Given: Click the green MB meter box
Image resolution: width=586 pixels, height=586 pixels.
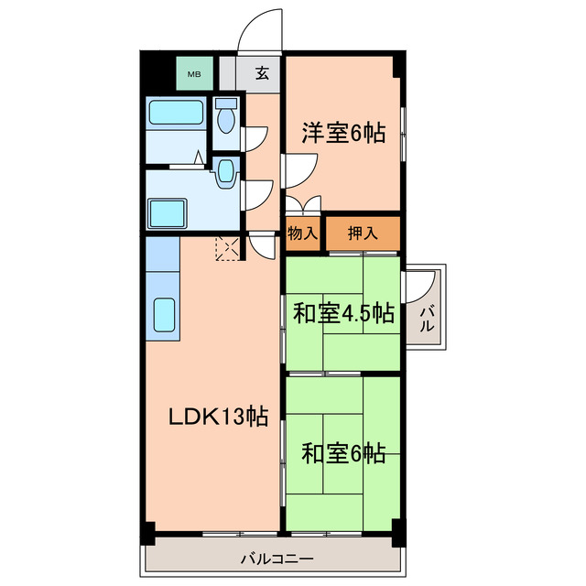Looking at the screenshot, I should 194,72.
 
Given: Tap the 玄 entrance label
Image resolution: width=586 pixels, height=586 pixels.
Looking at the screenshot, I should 262,73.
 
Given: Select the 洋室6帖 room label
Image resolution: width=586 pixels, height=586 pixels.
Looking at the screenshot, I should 343,134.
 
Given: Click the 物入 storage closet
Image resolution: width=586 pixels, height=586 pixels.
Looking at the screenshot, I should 302,233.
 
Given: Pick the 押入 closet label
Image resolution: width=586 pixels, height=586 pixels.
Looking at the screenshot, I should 363,233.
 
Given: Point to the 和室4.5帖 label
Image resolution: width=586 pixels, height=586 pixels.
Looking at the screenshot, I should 343,314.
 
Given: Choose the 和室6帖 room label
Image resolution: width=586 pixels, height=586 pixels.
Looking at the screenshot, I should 343,452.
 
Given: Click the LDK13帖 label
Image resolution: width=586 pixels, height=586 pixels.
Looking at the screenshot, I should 217,417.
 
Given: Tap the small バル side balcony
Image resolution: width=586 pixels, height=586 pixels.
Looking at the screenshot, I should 427,318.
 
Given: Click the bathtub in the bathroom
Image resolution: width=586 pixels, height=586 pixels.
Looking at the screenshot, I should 175,114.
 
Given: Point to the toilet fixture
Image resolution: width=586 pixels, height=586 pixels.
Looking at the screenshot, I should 226,117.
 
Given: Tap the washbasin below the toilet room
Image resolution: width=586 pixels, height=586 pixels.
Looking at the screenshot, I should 225,174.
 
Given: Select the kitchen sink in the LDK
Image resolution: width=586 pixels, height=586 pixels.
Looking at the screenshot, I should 164,316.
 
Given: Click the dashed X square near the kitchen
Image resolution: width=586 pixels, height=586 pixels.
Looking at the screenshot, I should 226,248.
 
